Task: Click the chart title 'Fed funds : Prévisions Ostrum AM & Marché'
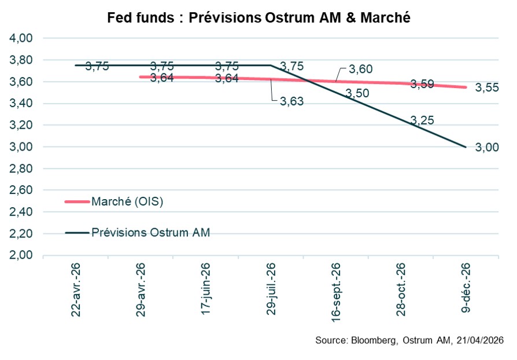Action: click(x=258, y=18)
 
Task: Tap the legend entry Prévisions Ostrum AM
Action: click(x=150, y=233)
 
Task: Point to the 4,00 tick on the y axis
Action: click(x=21, y=38)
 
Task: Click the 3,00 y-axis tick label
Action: click(x=21, y=147)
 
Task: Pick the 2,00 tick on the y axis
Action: click(x=21, y=255)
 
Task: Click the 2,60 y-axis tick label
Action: click(x=21, y=190)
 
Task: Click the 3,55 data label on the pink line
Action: click(x=487, y=88)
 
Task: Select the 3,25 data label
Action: click(x=422, y=120)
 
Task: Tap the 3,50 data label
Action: click(x=357, y=94)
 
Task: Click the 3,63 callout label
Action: click(x=291, y=101)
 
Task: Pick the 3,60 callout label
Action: click(x=360, y=69)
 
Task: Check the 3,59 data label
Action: click(x=422, y=85)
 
